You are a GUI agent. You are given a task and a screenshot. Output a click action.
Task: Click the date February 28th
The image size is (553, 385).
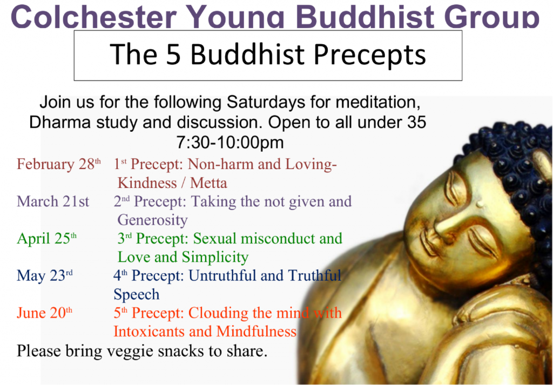tap(58, 164)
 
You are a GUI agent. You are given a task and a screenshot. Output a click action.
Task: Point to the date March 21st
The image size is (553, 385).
tap(53, 201)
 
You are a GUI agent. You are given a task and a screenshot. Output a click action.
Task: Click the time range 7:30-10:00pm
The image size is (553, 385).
tap(230, 143)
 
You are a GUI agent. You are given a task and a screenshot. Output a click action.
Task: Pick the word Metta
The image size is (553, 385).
tap(209, 183)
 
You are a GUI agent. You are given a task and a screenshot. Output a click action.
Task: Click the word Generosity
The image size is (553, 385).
tap(153, 220)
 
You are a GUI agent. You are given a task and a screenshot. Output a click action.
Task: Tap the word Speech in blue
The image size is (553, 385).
tap(137, 294)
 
